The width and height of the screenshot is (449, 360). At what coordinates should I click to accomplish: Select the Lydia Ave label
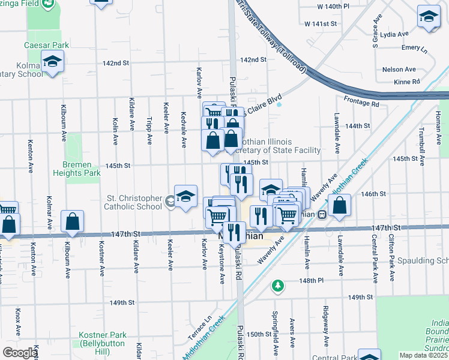pyautogui.click(x=395, y=34)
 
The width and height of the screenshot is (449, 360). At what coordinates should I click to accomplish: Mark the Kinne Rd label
pyautogui.click(x=408, y=82)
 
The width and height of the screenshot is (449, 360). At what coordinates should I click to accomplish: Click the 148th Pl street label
pyautogui.click(x=312, y=280)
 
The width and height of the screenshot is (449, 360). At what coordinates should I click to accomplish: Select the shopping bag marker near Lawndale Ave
pyautogui.click(x=340, y=205)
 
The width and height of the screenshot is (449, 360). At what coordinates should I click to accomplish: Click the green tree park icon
pyautogui.click(x=277, y=285)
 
